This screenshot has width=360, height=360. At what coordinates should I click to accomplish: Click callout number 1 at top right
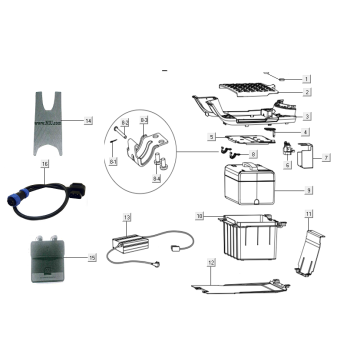coord(307,78)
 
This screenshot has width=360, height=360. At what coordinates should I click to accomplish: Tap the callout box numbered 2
coord(307,92)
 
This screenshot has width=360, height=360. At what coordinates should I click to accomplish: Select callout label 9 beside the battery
coord(307,189)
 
